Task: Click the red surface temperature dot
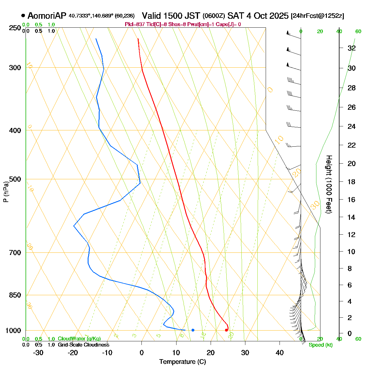tap(226, 330)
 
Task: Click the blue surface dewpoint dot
tap(193, 330)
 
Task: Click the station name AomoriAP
tap(47, 16)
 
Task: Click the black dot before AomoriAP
tap(23, 16)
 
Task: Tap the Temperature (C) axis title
tap(183, 362)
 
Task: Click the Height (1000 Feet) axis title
tap(329, 184)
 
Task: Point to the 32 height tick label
tap(351, 48)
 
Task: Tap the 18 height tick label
tap(351, 182)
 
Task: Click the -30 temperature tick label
tap(38, 352)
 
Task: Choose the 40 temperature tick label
tap(280, 352)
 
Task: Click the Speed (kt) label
tap(321, 345)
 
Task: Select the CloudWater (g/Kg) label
tap(79, 339)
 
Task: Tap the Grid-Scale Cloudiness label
tap(83, 345)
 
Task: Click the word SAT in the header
tap(236, 16)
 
